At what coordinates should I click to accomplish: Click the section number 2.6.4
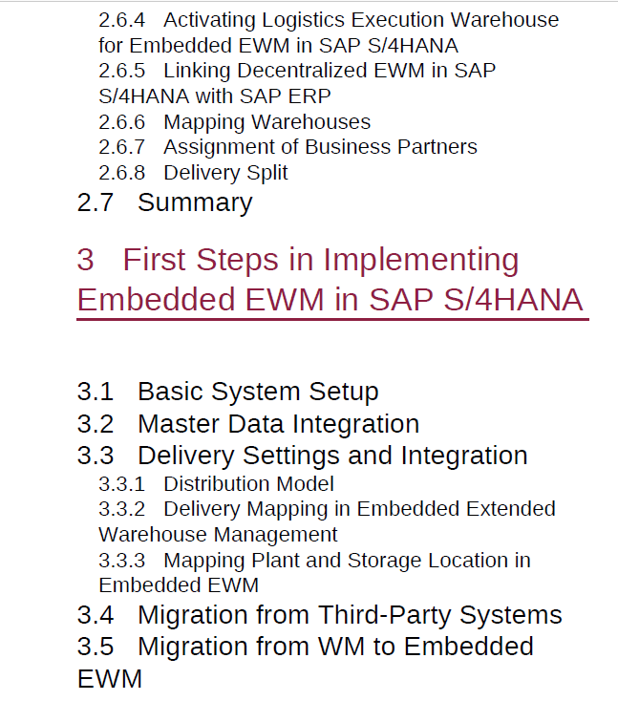[x=121, y=20]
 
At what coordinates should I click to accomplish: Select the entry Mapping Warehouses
[x=266, y=122]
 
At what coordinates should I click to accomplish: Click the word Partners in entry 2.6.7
[x=437, y=147]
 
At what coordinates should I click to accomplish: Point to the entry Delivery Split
[x=225, y=173]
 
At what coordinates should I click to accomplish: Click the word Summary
[x=195, y=203]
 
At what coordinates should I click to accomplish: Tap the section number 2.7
[x=96, y=202]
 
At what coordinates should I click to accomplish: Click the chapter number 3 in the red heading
[x=85, y=260]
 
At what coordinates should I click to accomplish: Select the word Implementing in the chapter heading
[x=421, y=261]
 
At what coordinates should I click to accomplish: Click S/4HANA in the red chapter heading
[x=513, y=300]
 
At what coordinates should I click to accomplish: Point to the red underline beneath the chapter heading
[x=332, y=320]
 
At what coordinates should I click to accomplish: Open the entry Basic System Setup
[x=258, y=393]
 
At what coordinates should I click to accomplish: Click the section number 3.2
[x=96, y=424]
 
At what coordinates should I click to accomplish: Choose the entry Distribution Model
[x=248, y=484]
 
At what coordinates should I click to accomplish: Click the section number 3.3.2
[x=121, y=510]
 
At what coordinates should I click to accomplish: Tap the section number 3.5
[x=96, y=647]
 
